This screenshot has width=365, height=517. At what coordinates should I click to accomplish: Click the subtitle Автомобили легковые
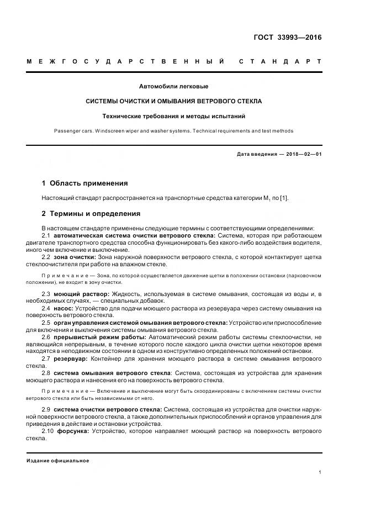pos(174,86)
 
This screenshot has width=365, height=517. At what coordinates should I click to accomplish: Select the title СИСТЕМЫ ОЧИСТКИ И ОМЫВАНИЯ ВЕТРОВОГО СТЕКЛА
pos(174,102)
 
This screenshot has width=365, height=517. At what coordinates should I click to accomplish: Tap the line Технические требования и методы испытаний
pos(174,117)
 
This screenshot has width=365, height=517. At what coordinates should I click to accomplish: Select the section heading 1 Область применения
pos(85,183)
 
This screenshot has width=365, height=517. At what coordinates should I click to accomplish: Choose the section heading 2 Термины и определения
pos(91,214)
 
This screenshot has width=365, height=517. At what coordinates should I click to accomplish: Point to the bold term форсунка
pos(72,430)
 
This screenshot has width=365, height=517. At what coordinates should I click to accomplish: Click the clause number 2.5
pos(46,322)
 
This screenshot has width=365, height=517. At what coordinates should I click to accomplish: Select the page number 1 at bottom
pos(320,472)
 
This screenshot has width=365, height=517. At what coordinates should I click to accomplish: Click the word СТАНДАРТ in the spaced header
pos(280,61)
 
